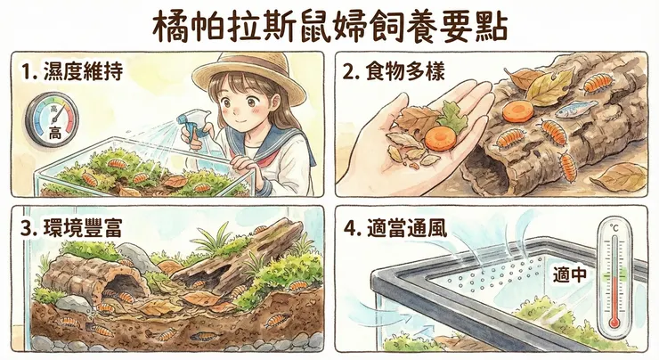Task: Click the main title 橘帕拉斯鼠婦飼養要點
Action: (x=329, y=27)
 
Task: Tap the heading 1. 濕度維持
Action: (x=72, y=71)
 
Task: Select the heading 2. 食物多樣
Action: (x=394, y=71)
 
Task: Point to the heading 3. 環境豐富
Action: (x=71, y=228)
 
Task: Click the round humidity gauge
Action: (x=53, y=120)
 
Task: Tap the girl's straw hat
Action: (x=248, y=78)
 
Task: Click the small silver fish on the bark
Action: (x=576, y=109)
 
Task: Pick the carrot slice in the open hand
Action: (x=440, y=139)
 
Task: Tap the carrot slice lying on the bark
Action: (x=517, y=110)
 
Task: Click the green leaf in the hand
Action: (x=452, y=116)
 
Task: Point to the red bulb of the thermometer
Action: (x=614, y=323)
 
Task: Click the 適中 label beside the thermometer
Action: (x=569, y=275)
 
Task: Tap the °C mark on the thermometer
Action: (x=614, y=229)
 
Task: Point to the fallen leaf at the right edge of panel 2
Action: (x=620, y=177)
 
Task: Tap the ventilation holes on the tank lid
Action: (x=495, y=274)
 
